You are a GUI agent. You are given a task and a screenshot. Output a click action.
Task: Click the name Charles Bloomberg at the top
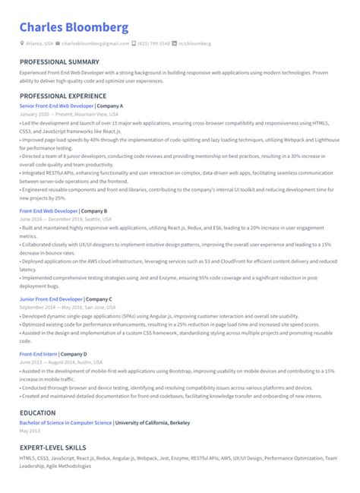point(74,27)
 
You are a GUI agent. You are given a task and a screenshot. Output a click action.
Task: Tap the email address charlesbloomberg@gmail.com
point(95,44)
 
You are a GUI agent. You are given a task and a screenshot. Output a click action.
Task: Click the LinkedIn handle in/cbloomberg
point(194,44)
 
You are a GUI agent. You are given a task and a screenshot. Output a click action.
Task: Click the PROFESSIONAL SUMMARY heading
point(59,62)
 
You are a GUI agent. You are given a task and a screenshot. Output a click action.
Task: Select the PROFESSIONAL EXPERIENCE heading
point(64,96)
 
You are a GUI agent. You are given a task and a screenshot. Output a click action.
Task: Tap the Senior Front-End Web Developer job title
point(57,106)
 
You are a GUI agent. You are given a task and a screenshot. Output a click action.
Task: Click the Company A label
point(110,106)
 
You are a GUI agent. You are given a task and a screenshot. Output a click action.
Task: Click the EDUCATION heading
point(38,413)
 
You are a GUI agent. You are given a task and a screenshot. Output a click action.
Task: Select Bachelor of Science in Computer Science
point(65,422)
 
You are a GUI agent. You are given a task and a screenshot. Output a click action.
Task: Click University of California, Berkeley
point(153,422)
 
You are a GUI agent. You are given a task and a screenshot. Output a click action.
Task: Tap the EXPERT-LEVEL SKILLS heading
point(52,447)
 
